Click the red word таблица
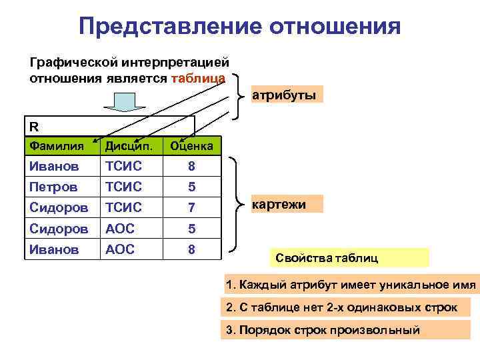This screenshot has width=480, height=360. [x=198, y=78]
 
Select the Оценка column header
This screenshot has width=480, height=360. [x=191, y=145]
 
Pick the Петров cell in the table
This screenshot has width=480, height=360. [x=53, y=185]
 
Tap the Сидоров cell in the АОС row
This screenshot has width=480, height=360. [x=58, y=228]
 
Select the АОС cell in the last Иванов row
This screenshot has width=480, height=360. [x=120, y=249]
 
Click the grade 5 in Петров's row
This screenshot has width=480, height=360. [x=191, y=185]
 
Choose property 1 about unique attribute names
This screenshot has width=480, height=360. [x=351, y=285]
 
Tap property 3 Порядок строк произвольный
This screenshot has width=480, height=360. [x=323, y=329]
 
